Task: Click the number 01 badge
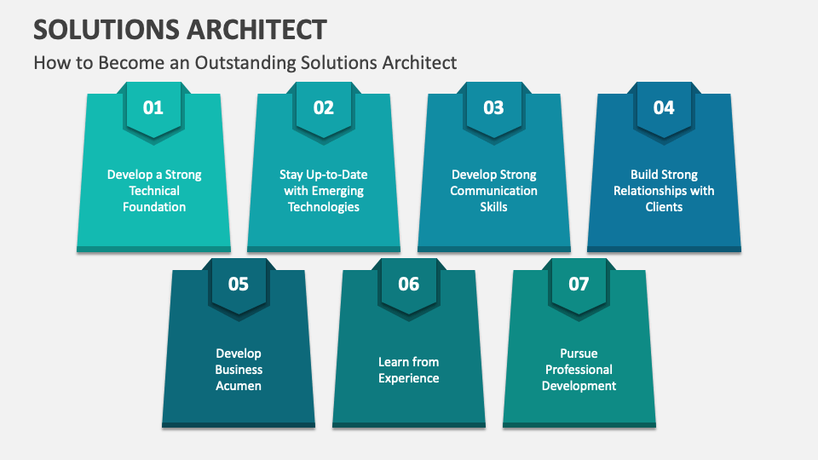153,108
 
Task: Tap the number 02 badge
324,108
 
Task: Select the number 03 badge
493,108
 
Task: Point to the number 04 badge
664,108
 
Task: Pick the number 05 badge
239,285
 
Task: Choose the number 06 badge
409,285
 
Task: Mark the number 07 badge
579,285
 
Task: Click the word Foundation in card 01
154,207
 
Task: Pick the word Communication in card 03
494,191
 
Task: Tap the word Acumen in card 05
239,386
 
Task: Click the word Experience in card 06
409,378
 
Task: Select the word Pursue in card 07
579,354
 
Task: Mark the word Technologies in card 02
324,207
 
